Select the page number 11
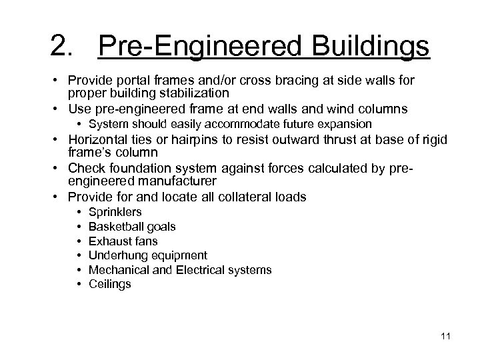click(445, 335)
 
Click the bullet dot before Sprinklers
click(79, 212)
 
